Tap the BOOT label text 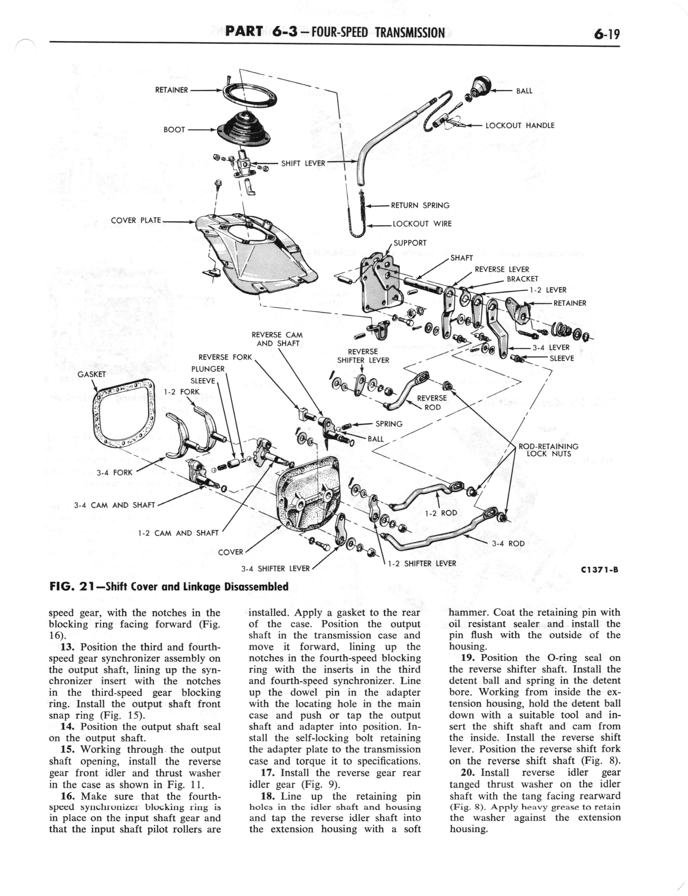coord(174,130)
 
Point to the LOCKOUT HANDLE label coord(520,125)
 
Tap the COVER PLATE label coord(136,220)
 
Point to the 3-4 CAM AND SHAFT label coord(114,505)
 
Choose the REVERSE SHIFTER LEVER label coord(363,356)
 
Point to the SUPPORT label coord(410,243)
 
